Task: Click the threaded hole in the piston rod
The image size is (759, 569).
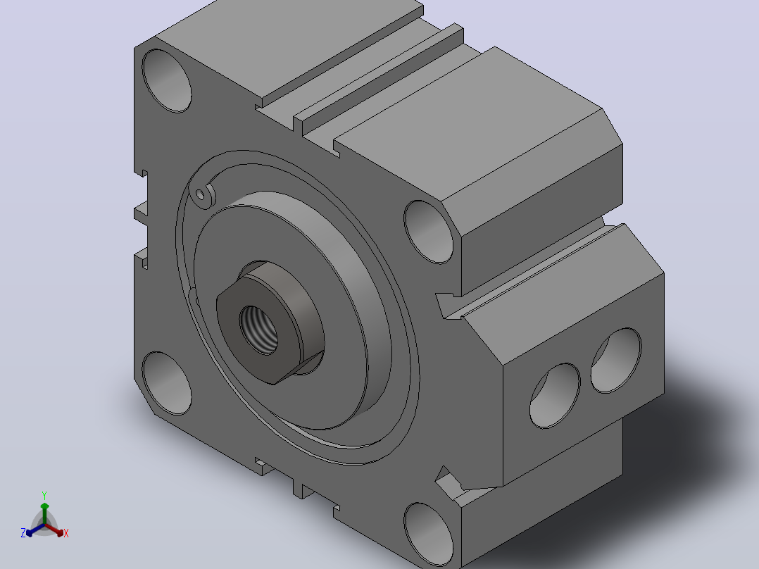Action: coord(259,330)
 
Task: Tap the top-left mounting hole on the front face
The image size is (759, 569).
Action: coord(166,81)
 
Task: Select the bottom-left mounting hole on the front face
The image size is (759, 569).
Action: coord(166,383)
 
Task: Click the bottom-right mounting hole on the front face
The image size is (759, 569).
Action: coord(428,534)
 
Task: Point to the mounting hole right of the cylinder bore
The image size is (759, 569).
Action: coord(428,232)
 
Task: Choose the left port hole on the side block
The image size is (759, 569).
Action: coord(556,396)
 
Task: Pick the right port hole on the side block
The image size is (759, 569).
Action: coord(616,361)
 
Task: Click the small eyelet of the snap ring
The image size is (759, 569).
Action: coord(201,194)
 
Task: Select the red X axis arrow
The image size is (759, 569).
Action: coord(55,530)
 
